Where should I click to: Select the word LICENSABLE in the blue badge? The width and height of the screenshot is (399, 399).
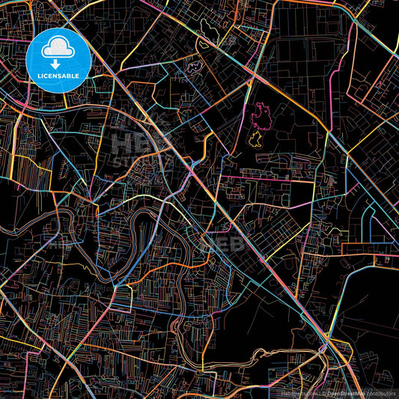coord(58,76)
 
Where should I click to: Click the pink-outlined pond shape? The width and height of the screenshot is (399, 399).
coord(261,115)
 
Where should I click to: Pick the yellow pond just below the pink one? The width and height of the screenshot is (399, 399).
coord(255,139)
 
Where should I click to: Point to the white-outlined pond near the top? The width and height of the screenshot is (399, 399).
coord(204,44)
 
